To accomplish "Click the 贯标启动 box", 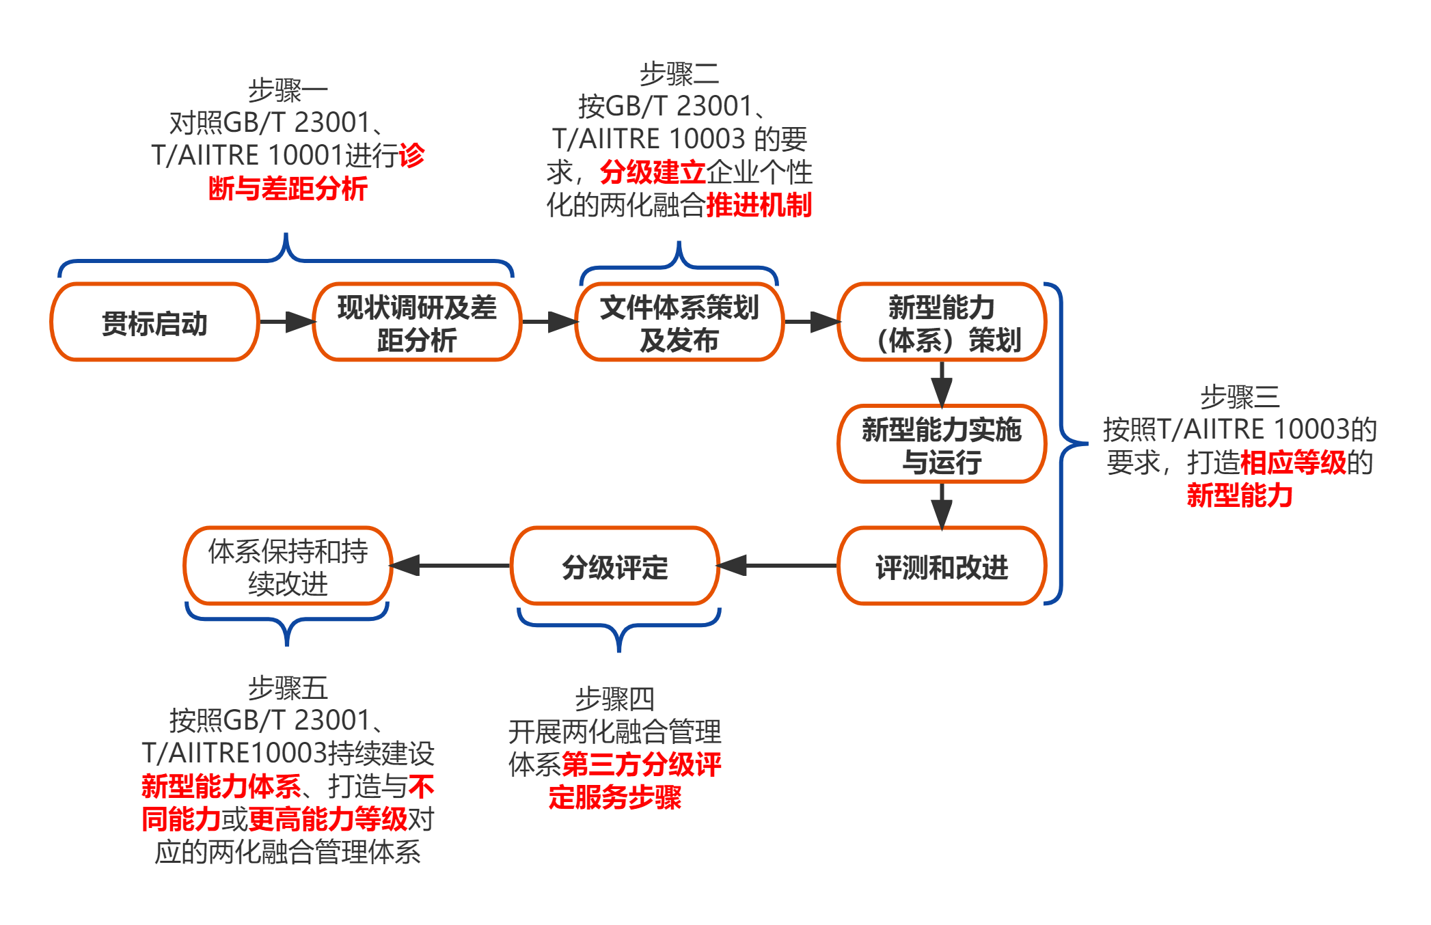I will [x=154, y=322].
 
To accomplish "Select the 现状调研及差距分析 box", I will [x=417, y=322].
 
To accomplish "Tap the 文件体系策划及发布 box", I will [x=679, y=322].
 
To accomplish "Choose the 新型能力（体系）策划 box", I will [x=942, y=322].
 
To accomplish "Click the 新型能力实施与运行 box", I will [x=942, y=445].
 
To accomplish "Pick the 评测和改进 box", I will [x=942, y=566].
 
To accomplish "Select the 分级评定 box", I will [x=615, y=566].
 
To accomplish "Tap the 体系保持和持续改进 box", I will [x=288, y=566].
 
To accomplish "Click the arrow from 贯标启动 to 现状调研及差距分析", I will [x=286, y=322].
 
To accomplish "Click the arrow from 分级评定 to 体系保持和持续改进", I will [x=451, y=566].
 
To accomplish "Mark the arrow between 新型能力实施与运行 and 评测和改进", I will [x=942, y=505].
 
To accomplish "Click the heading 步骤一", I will [x=288, y=90].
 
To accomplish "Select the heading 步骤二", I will [x=679, y=74].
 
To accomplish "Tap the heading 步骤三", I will [x=1240, y=397].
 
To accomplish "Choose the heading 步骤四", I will [x=615, y=699].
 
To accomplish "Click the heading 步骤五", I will [x=288, y=688].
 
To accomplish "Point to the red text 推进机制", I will [x=759, y=205].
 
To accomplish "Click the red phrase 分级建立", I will [x=653, y=172].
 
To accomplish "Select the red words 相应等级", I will [x=1293, y=463].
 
